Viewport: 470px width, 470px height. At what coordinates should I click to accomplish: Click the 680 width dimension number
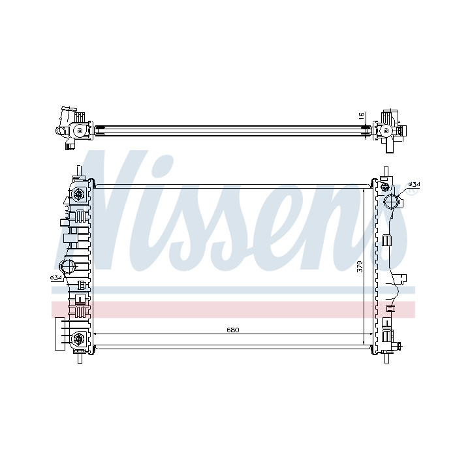(232, 330)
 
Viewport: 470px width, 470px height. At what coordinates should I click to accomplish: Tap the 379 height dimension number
(360, 266)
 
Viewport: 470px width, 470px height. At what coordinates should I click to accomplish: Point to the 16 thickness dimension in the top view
(361, 115)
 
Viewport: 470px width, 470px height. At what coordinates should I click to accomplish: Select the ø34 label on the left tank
(56, 278)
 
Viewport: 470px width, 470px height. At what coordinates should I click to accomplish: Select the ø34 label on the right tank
(415, 183)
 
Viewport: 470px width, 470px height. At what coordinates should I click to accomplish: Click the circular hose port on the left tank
(66, 266)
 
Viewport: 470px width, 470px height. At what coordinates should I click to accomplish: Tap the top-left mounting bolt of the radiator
(79, 194)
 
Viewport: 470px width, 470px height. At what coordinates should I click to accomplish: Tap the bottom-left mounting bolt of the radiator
(79, 338)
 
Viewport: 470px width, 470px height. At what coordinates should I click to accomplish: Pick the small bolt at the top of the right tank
(384, 187)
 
